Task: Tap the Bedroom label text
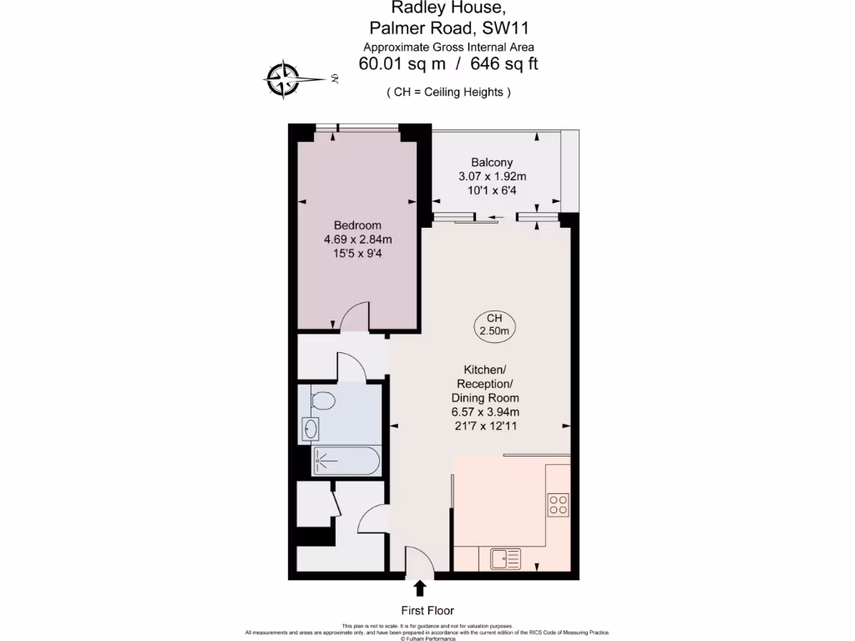357,225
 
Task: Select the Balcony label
492,162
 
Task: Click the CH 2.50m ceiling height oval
493,325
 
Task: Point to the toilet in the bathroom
321,401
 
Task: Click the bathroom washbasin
310,429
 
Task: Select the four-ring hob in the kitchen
558,504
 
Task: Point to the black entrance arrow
418,588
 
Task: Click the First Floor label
427,610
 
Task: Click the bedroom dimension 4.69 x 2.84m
357,240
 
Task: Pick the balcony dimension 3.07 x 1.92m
492,176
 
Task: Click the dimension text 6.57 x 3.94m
485,411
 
